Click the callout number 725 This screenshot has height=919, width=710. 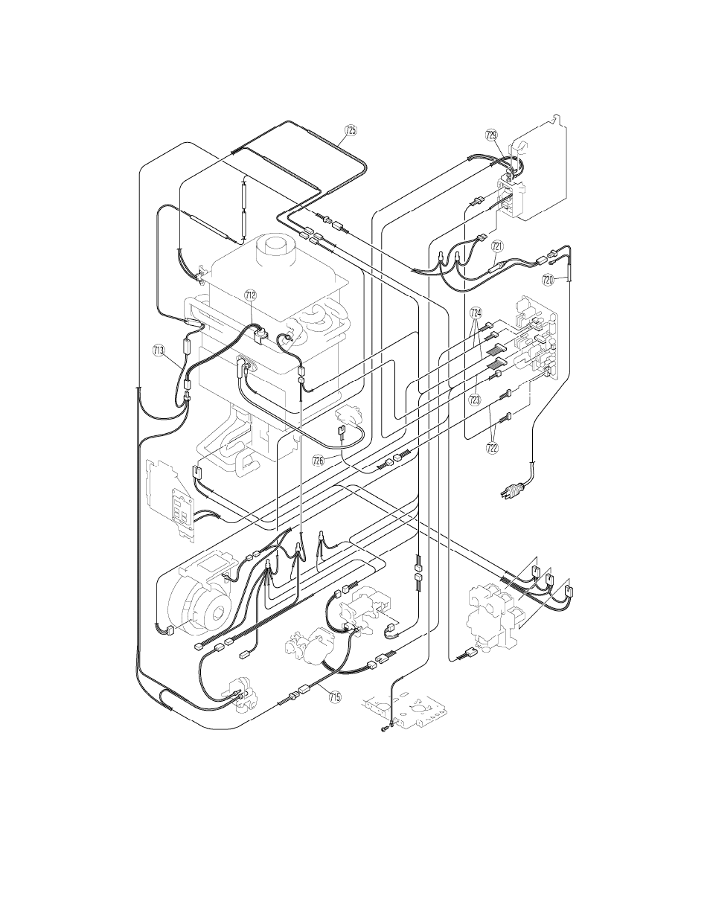coord(351,130)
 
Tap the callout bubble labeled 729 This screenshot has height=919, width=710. coord(492,135)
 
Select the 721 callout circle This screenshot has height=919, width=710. coord(498,246)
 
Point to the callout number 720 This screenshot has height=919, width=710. coord(548,280)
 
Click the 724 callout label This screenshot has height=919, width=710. coord(476,313)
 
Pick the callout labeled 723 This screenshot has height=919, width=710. coord(474,400)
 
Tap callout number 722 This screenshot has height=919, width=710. coord(492,448)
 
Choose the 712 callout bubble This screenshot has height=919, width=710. coord(251,295)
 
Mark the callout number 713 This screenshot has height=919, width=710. coord(159,350)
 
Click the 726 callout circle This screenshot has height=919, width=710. coord(319,461)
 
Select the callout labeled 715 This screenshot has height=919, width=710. coord(335,697)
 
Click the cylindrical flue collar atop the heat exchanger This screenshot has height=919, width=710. coord(276,250)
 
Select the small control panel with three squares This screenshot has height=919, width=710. coord(179,513)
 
